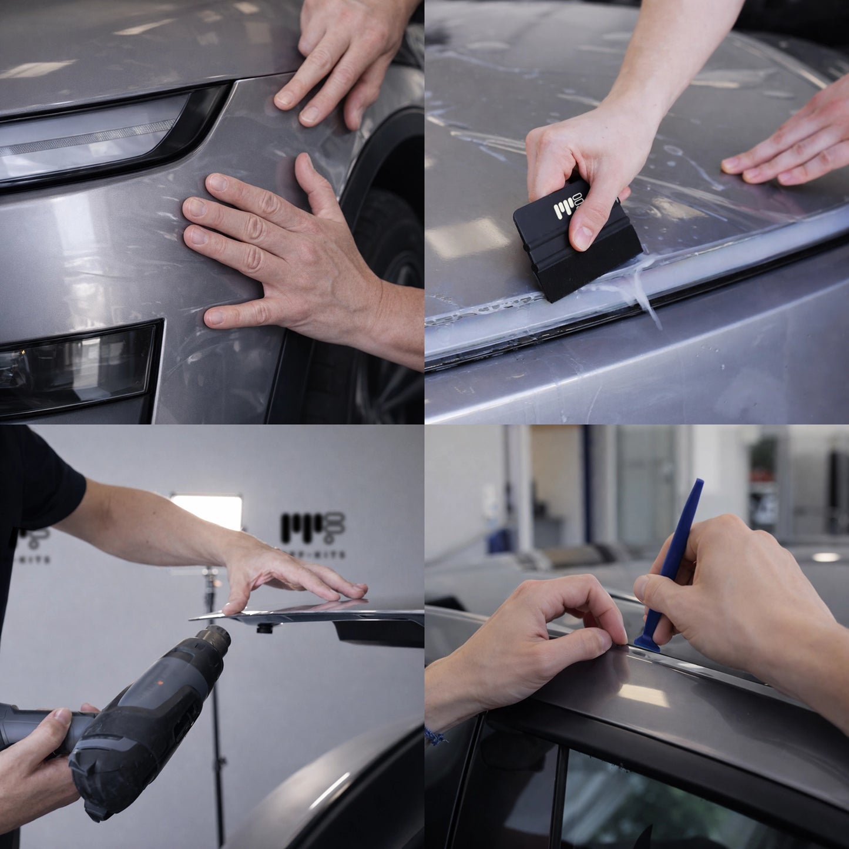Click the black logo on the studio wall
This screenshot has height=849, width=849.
pos(312,526)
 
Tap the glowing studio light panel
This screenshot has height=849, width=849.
pos(207,511)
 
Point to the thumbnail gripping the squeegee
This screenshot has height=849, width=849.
pos(583,236)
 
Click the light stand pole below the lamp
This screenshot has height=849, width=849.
pos(215,705)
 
